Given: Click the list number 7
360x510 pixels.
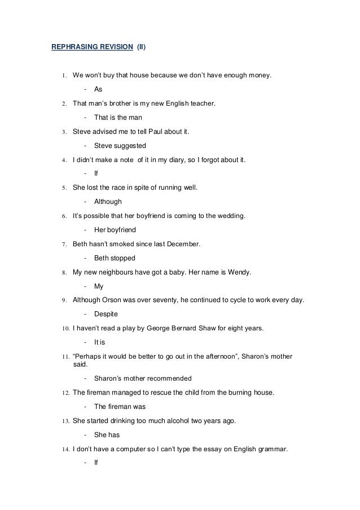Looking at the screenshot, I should point(65,244).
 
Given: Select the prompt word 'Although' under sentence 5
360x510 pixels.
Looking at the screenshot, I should point(108,201).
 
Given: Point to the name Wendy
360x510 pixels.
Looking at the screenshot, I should point(239,272).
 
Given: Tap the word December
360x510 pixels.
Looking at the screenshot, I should point(183,244).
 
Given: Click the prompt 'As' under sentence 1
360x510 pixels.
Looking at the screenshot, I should point(98,89).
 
